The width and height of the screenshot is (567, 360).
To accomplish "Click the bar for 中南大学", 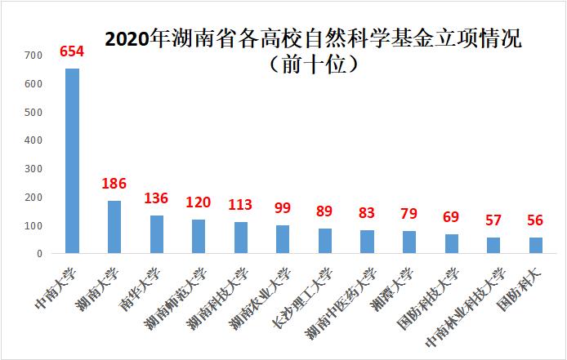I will point(73,161).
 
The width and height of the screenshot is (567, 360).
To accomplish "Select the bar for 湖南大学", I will point(114,227).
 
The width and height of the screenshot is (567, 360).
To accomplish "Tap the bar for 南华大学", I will point(157,234).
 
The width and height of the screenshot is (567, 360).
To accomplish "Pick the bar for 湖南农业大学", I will point(283,239).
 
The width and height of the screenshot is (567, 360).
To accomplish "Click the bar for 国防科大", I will point(535,246).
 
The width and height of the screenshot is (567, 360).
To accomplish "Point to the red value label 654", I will point(72,51).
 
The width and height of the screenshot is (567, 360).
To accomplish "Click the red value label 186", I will point(114,184).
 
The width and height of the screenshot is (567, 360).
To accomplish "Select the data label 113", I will point(240,205).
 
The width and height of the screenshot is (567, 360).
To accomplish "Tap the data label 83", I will point(367,213).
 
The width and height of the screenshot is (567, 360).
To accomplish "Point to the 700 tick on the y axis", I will point(33,56).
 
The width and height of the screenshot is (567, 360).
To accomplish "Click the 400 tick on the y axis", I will point(33,140).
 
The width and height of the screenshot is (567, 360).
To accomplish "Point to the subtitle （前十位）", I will point(314,63).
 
